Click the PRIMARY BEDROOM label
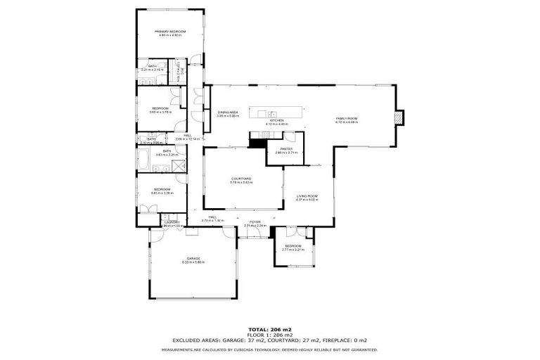[171, 32]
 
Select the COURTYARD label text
[241, 179]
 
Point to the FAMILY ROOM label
[347, 118]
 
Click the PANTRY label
[286, 148]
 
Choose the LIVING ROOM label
[307, 196]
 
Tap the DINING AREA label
[228, 112]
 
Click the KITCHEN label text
[275, 120]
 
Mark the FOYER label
[255, 222]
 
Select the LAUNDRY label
[173, 222]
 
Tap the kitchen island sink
[270, 112]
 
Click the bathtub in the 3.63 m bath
[143, 160]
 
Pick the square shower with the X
[180, 167]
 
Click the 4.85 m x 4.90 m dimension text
[171, 36]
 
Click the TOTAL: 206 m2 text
[270, 329]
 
